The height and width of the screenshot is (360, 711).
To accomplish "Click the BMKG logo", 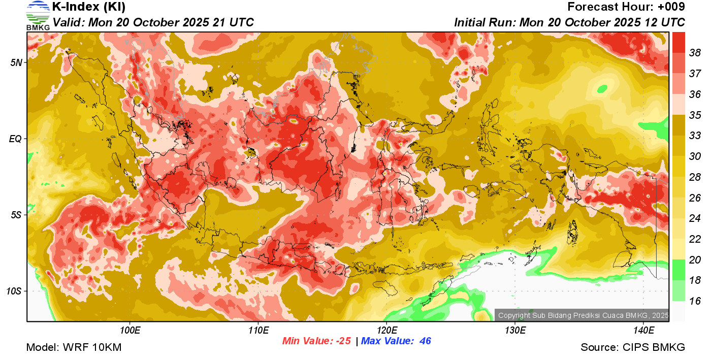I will tap(38, 15).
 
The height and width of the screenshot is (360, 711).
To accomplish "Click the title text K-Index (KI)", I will tap(89, 7).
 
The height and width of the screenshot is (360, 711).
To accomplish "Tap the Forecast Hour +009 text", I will tap(626, 7).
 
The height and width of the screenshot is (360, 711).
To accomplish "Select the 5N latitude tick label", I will tap(17, 62).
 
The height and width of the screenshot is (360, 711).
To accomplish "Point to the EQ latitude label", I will tap(16, 139).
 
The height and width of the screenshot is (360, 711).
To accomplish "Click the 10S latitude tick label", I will tap(15, 291).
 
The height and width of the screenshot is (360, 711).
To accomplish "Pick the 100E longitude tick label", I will tap(131, 331).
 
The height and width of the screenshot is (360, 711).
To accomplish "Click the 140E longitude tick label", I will tap(644, 331).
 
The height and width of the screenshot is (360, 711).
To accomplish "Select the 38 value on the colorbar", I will tap(695, 52).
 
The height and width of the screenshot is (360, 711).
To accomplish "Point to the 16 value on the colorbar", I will tap(695, 301).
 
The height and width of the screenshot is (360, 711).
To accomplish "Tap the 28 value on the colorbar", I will tap(695, 177).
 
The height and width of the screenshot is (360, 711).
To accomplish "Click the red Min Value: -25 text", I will tap(316, 341).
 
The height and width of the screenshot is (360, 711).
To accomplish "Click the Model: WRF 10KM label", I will tap(74, 347).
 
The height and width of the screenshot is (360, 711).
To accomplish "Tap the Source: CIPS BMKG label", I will tap(633, 347).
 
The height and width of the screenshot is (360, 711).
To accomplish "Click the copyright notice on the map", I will tap(583, 315).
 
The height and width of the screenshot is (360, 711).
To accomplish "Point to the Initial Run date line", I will tap(569, 22).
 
